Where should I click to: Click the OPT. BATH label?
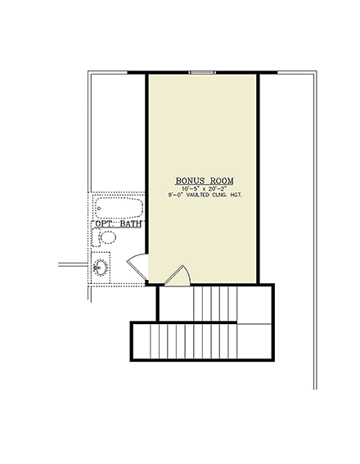pos(119,223)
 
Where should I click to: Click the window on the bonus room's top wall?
pos(202,73)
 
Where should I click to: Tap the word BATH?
pos(131,223)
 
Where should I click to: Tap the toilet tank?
pos(96,237)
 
